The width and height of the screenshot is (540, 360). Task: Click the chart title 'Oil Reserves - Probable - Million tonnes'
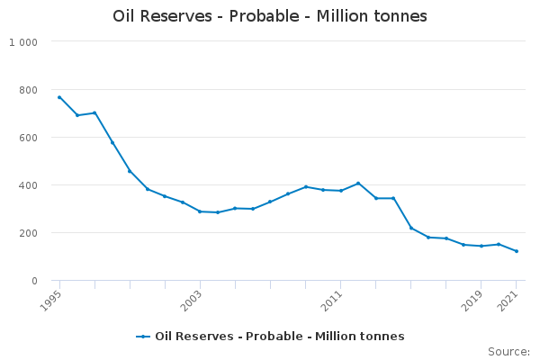coord(270,16)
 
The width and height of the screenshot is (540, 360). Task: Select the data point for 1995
coord(59,97)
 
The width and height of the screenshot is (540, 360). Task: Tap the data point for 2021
coord(517,251)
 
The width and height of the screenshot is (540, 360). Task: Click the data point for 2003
coord(200,211)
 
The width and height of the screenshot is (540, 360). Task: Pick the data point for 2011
coord(340,191)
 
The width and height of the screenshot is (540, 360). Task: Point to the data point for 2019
coord(481,246)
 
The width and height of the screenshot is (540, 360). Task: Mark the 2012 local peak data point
coord(358,184)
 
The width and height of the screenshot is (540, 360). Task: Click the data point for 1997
coord(94,112)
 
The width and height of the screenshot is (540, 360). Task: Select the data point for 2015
coord(411,228)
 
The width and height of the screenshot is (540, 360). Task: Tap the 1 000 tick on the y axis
coord(23,42)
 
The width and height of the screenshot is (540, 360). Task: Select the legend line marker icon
coord(143,337)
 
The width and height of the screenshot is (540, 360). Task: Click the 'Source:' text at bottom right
coord(508,351)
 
